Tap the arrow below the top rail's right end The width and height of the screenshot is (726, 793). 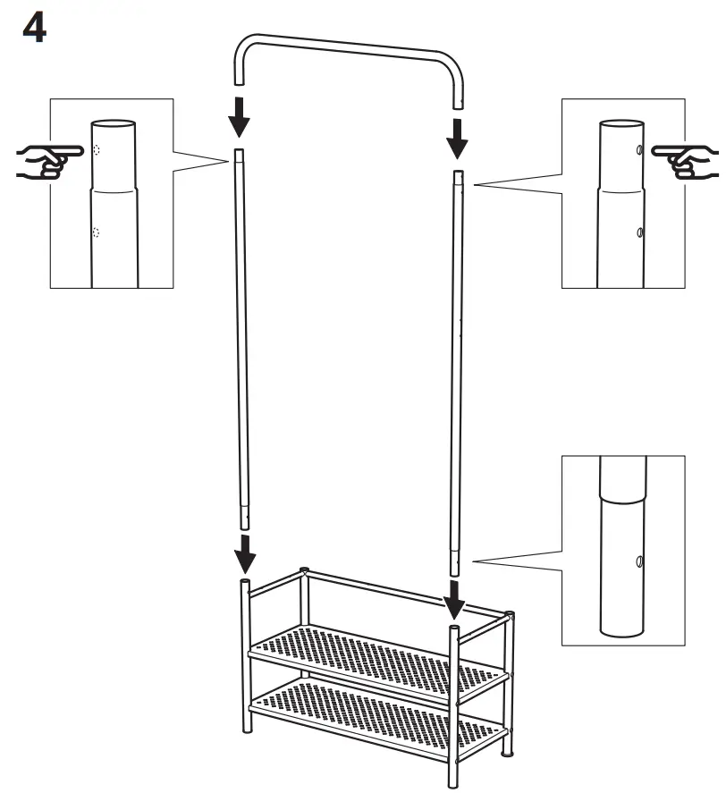pyautogui.click(x=457, y=136)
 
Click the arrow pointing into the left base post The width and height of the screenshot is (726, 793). pyautogui.click(x=243, y=554)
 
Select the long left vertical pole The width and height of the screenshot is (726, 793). pyautogui.click(x=242, y=340)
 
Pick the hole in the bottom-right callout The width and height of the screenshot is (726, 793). pyautogui.click(x=638, y=561)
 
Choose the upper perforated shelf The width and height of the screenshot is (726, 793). pyautogui.click(x=376, y=657)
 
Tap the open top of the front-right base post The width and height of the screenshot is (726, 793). pyautogui.click(x=455, y=630)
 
